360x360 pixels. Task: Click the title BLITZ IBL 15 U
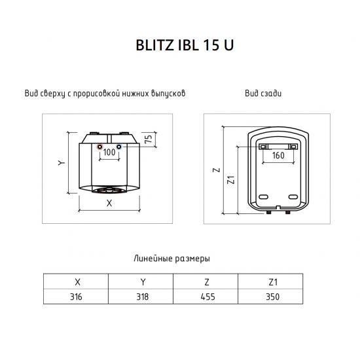pyautogui.click(x=185, y=45)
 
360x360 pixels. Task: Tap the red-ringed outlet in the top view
pyautogui.click(x=100, y=147)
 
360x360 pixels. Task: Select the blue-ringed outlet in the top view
pyautogui.click(x=118, y=147)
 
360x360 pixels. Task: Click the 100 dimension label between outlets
pyautogui.click(x=109, y=153)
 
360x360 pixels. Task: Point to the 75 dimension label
pyautogui.click(x=149, y=139)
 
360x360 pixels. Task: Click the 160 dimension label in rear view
pyautogui.click(x=278, y=155)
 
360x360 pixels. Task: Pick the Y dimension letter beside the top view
pyautogui.click(x=62, y=163)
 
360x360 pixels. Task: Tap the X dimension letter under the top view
pyautogui.click(x=109, y=203)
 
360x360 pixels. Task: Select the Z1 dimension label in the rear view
pyautogui.click(x=231, y=180)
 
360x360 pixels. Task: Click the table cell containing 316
pyautogui.click(x=76, y=297)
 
